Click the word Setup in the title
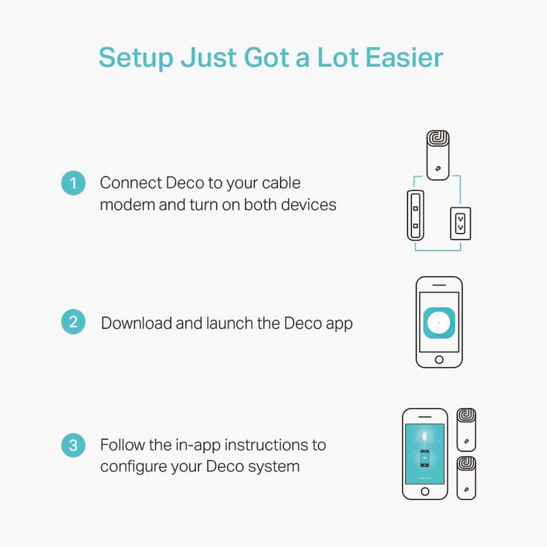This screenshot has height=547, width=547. pos(136,58)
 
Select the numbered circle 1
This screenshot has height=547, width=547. pos(73,183)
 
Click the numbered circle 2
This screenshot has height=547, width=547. pos(73,322)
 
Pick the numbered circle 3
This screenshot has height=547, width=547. pos(73,445)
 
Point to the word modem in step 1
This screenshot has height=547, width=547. pos(127,205)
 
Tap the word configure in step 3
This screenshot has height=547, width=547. pos(133,467)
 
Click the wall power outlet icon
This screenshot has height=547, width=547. pos(460,223)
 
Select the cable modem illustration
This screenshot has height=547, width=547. pos(415,215)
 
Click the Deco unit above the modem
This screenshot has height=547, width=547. pos(438,155)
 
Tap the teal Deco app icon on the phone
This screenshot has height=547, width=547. pos(439,323)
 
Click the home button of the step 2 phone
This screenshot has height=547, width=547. pos(439,359)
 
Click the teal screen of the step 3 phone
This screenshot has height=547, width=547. pos(425,454)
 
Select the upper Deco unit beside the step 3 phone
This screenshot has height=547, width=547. pos(467,430)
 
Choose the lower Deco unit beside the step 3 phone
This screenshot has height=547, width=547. pos(467,478)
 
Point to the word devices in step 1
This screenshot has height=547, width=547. pos(309,205)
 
